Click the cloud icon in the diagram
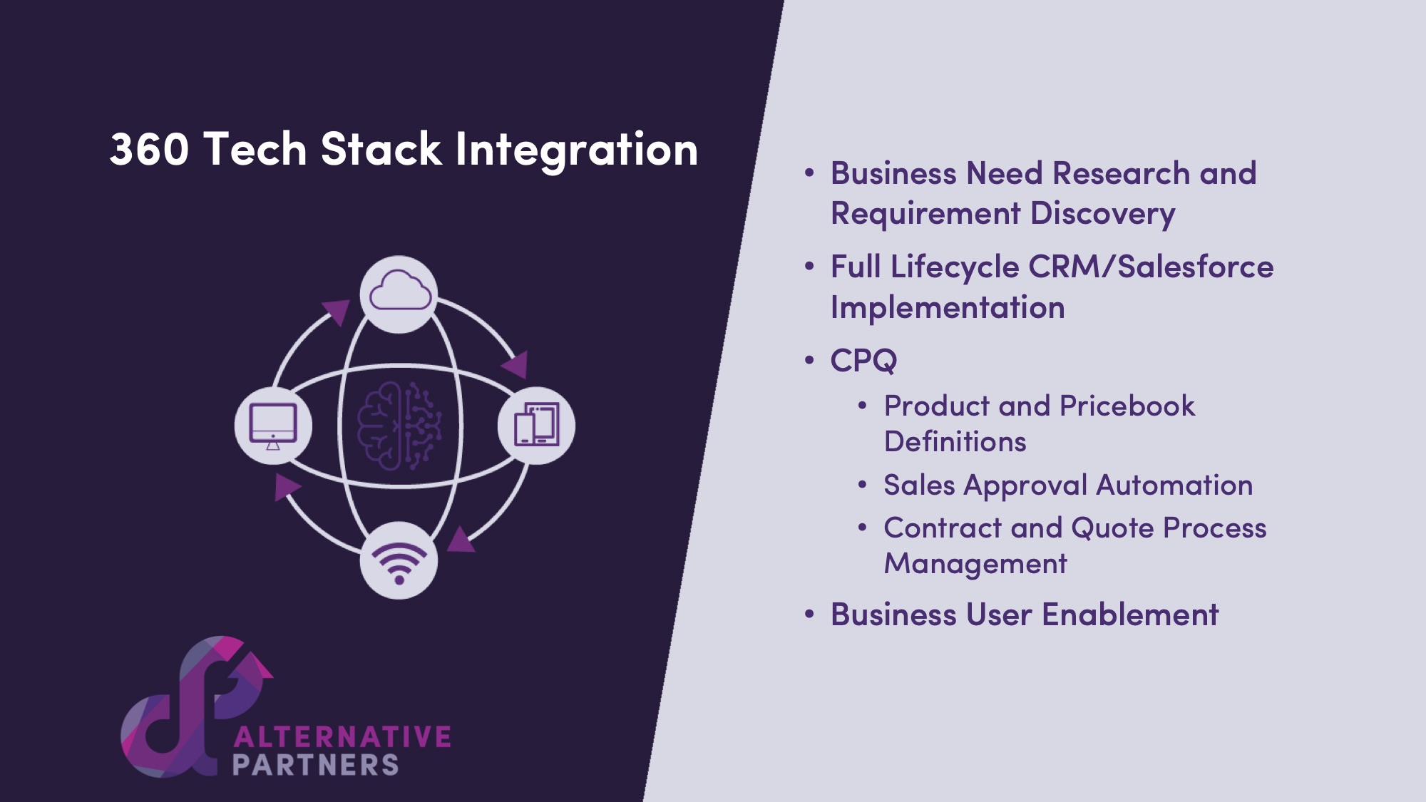[399, 291]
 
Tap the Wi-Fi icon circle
[399, 560]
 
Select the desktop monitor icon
[273, 426]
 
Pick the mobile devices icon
[537, 424]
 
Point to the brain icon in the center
[399, 426]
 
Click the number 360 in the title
[150, 150]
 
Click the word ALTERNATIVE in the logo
[342, 736]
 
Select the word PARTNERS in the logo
[315, 765]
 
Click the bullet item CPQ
[863, 361]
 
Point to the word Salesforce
[1195, 267]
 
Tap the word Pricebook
[1127, 406]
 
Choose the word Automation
[1174, 485]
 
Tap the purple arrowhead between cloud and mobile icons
[516, 364]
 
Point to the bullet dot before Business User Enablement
[809, 615]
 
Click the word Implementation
[948, 308]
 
